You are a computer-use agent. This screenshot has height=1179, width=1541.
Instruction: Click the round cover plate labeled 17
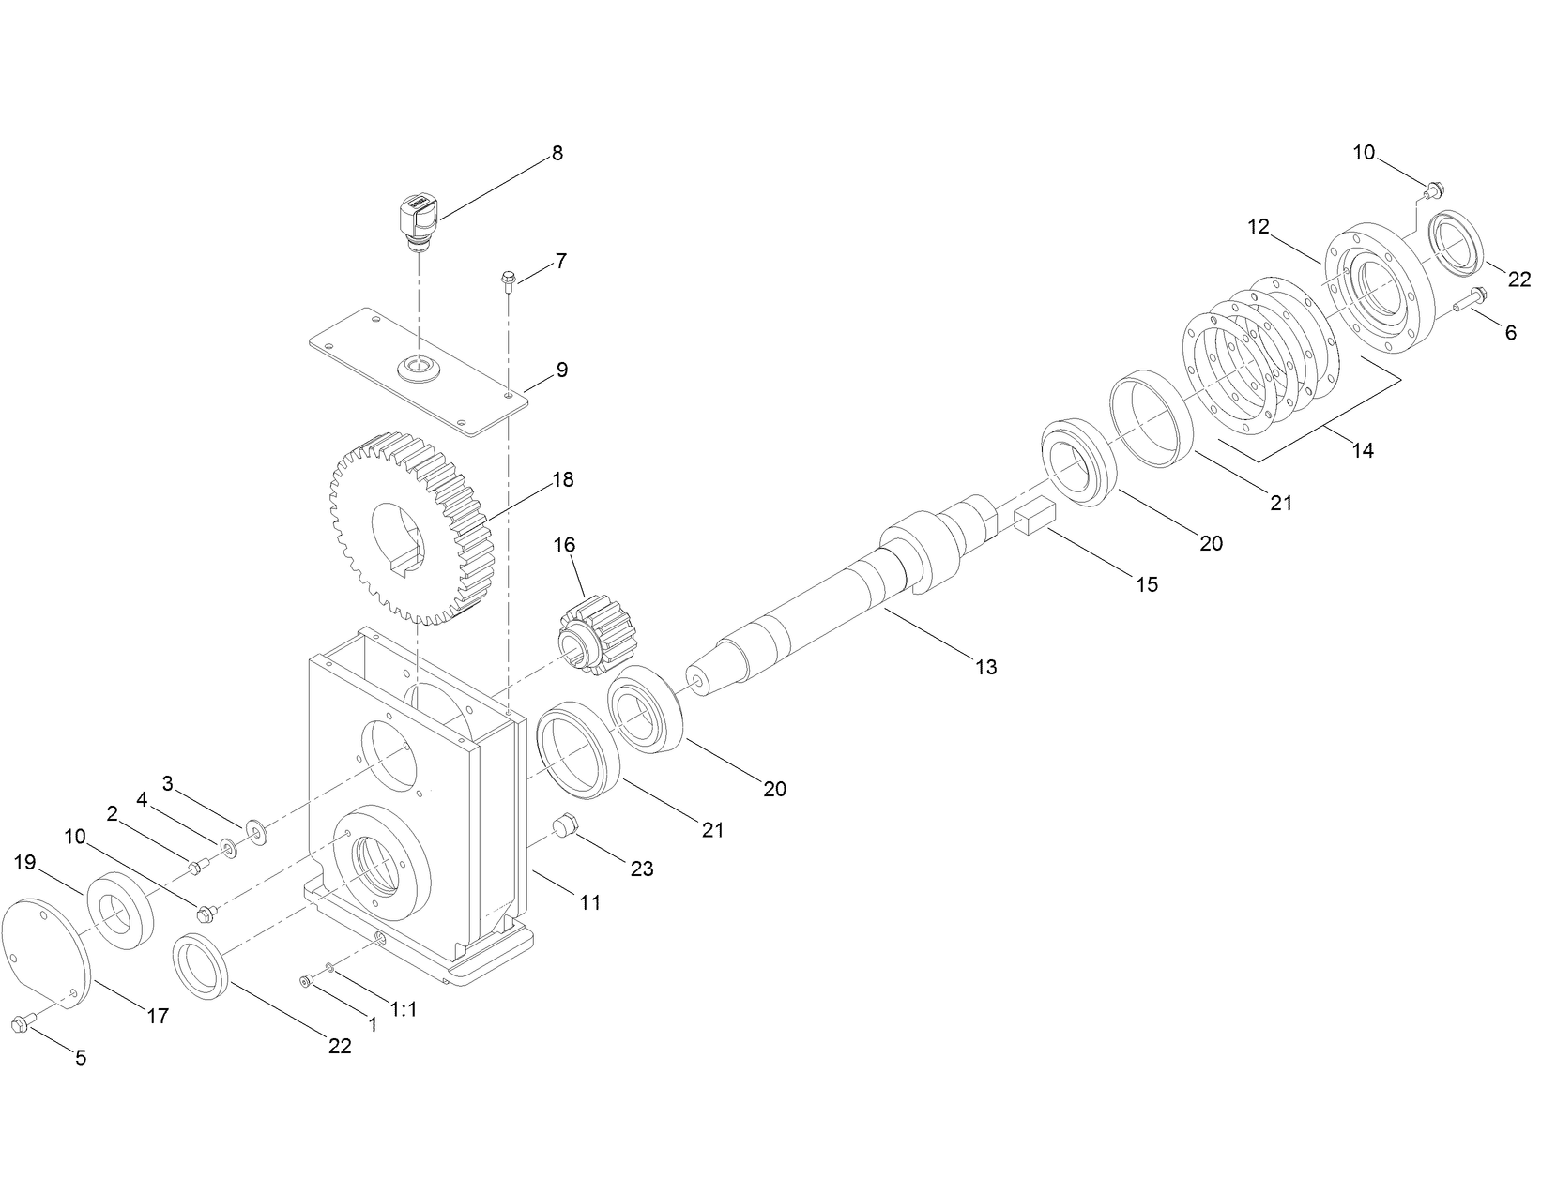point(46,954)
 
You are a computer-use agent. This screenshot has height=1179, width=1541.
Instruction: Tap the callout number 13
point(985,668)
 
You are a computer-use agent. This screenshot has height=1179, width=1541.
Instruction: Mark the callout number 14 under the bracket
point(1363,450)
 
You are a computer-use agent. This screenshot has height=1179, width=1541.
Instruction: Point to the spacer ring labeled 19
point(121,909)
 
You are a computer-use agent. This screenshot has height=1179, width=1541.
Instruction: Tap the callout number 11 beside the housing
point(589,902)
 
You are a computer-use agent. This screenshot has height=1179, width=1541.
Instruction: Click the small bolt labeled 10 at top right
point(1431,191)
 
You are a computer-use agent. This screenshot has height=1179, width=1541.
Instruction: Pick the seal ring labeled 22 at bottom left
point(200,966)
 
